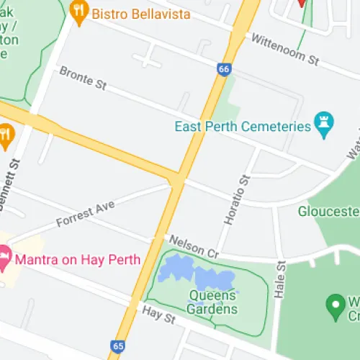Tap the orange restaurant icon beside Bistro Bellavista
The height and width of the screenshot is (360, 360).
tap(78, 9)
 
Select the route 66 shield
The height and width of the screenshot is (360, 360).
tap(223, 69)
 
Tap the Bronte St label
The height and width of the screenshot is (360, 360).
tap(82, 78)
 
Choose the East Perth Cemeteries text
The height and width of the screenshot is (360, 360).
tap(243, 127)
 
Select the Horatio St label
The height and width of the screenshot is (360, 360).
tap(237, 192)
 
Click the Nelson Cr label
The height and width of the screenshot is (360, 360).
tap(192, 246)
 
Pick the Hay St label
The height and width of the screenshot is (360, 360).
tap(159, 315)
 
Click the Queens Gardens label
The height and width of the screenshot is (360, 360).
tap(212, 302)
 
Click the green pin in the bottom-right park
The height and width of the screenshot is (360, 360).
tap(335, 305)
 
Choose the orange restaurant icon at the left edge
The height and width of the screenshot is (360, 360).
tap(6, 135)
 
